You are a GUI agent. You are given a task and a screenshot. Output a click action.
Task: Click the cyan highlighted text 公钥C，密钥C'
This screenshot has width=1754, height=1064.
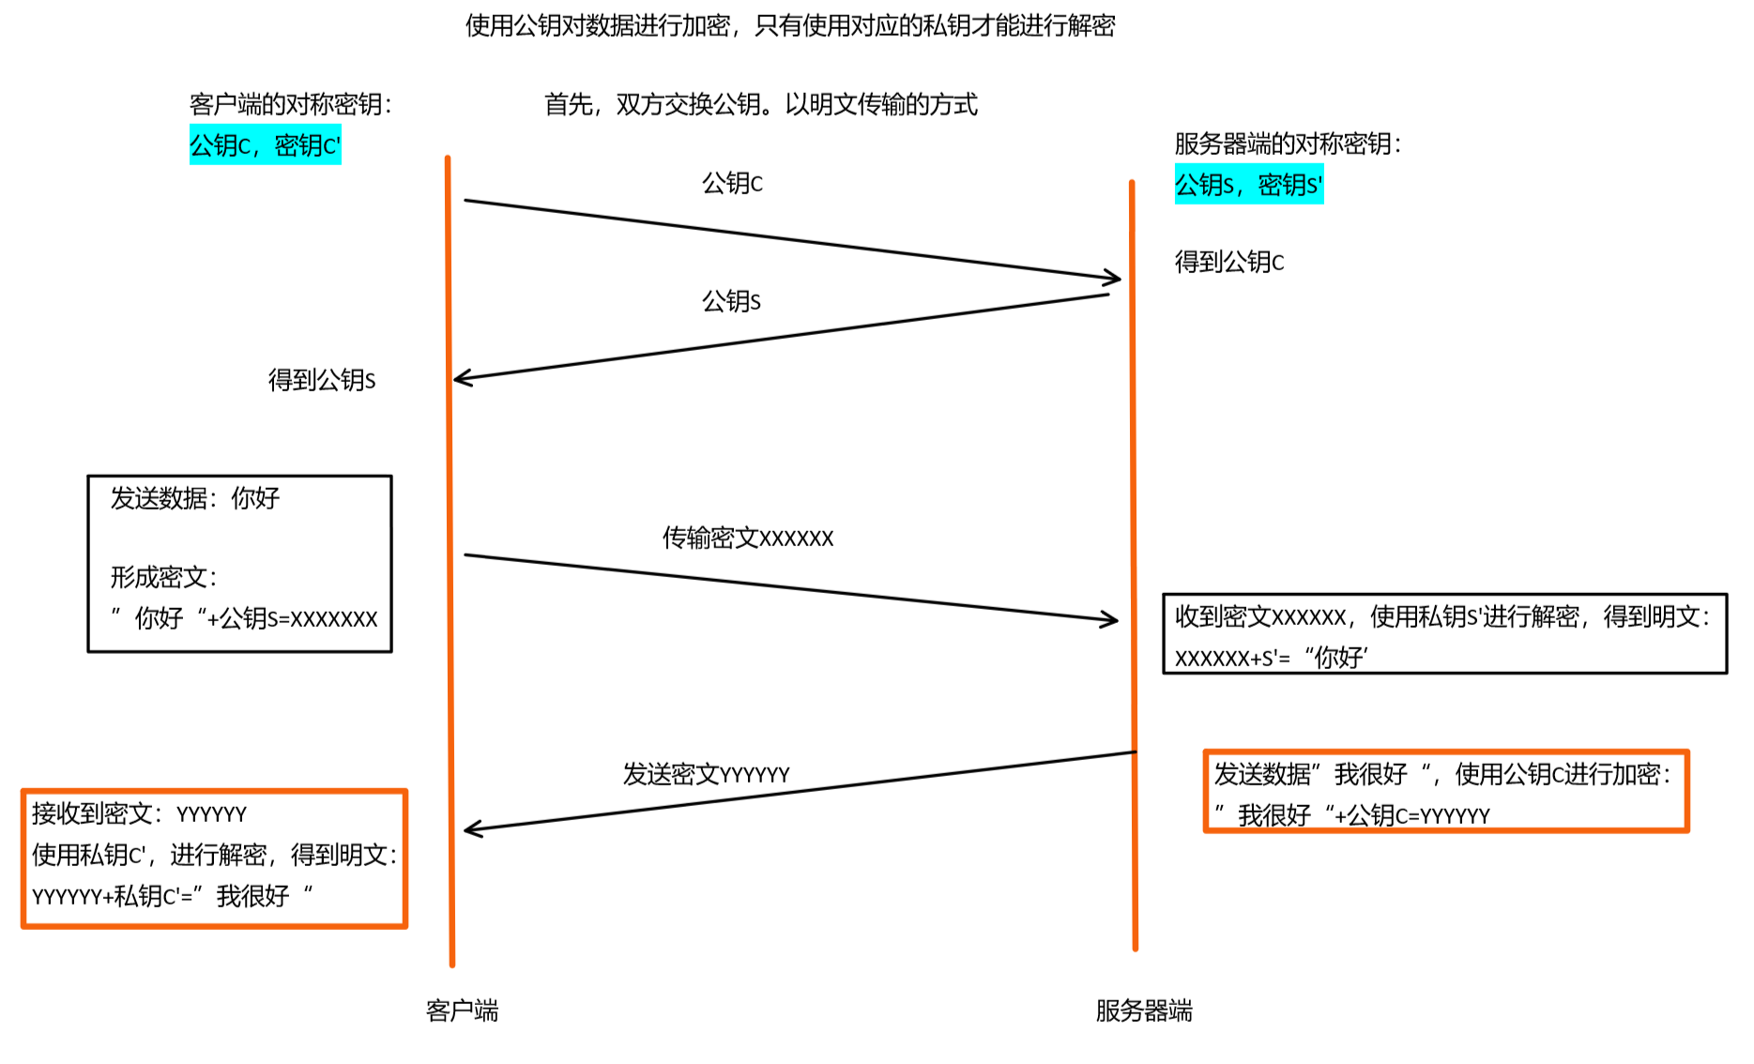click(265, 145)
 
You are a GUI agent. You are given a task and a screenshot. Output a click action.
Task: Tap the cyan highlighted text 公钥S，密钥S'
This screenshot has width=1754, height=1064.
click(1248, 185)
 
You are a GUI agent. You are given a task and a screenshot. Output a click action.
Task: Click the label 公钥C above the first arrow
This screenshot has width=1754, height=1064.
click(732, 183)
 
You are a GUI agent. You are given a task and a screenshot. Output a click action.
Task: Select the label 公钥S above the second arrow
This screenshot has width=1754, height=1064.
click(731, 301)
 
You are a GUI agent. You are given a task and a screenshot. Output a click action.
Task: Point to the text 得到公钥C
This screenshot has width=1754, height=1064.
click(1228, 262)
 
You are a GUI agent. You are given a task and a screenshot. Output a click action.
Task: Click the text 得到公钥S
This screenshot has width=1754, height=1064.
click(322, 380)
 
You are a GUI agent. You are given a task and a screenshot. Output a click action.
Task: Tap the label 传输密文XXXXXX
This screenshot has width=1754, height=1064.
click(747, 538)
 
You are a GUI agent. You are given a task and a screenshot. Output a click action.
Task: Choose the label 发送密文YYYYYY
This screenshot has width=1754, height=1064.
click(706, 774)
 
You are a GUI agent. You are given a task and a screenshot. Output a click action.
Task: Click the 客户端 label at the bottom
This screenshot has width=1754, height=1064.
click(462, 1011)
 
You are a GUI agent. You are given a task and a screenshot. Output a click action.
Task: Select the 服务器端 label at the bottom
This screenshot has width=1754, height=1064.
click(1143, 1011)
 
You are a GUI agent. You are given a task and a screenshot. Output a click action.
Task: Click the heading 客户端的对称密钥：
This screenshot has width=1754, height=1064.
click(290, 104)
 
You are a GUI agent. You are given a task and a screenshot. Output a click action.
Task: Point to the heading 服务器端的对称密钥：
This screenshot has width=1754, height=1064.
click(1288, 144)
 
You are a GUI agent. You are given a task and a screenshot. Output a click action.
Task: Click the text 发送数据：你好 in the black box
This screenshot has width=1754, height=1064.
click(195, 498)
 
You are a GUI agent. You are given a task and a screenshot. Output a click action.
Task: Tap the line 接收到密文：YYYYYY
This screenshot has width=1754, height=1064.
click(139, 813)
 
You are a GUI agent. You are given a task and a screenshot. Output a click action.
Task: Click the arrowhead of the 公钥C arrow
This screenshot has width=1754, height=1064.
click(1115, 278)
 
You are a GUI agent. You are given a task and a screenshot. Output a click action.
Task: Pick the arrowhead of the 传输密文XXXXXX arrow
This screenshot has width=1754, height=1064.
click(1112, 619)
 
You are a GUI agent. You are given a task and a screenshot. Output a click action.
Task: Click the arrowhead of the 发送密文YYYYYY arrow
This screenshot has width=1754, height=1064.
click(470, 828)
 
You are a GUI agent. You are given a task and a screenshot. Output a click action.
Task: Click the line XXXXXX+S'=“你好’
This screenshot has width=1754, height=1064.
click(1271, 658)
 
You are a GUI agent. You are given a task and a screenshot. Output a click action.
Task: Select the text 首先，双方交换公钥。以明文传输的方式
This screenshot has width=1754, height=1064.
click(760, 104)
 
